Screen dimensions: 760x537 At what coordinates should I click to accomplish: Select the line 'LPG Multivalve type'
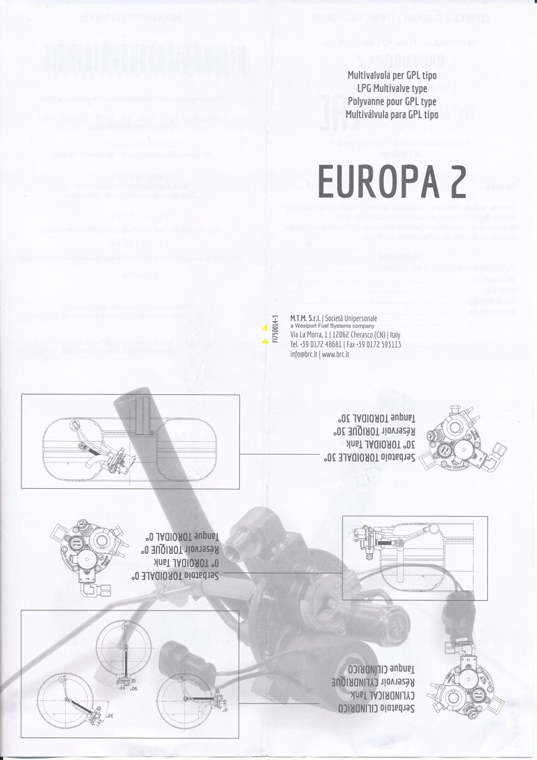(x=392, y=88)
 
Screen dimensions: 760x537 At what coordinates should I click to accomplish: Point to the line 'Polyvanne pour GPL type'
(x=392, y=101)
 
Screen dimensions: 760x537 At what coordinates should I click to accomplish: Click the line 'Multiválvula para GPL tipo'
(x=392, y=115)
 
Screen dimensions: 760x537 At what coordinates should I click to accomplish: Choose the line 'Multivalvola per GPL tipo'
(x=392, y=75)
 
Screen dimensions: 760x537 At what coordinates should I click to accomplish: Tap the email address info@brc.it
(x=304, y=354)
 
